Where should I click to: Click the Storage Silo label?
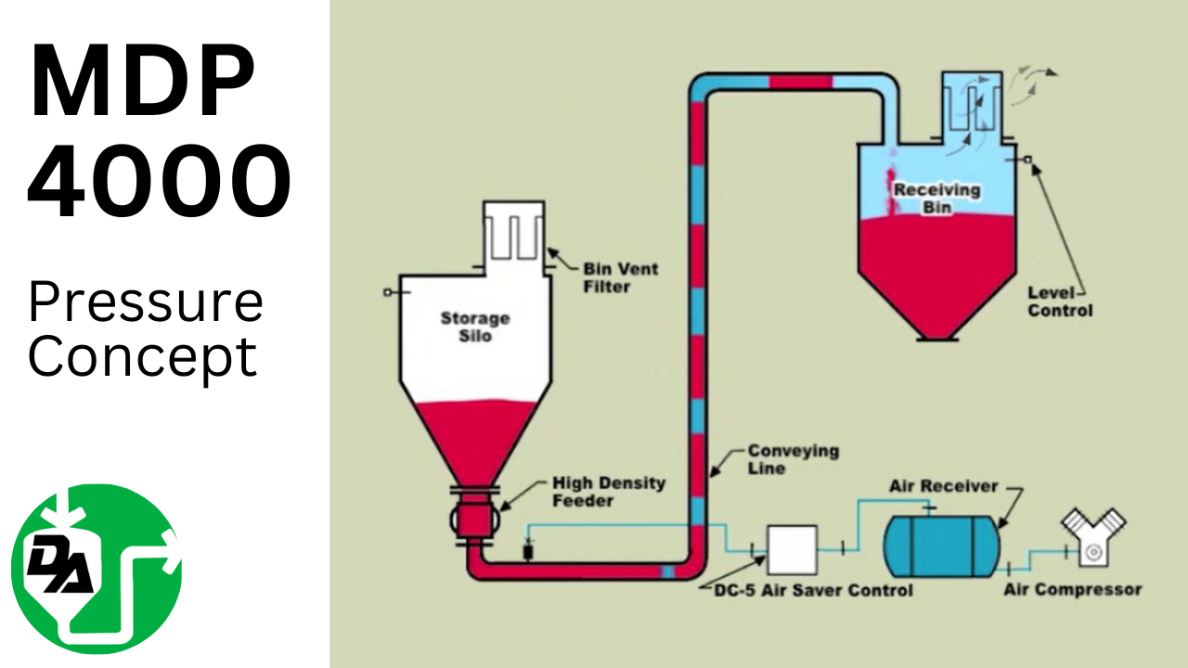(x=474, y=327)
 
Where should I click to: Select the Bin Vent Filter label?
(x=620, y=277)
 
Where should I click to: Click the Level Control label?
(x=1060, y=302)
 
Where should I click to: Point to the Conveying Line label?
(x=780, y=459)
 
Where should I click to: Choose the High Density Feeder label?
(x=608, y=492)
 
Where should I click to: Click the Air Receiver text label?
(x=943, y=486)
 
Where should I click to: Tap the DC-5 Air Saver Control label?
(x=813, y=590)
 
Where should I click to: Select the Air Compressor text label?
(x=1072, y=589)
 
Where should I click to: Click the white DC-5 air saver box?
(x=792, y=548)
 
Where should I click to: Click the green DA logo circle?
(x=96, y=569)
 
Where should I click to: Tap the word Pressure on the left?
(x=145, y=302)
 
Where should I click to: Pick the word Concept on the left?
(x=142, y=357)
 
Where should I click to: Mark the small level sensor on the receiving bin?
(x=1028, y=161)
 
